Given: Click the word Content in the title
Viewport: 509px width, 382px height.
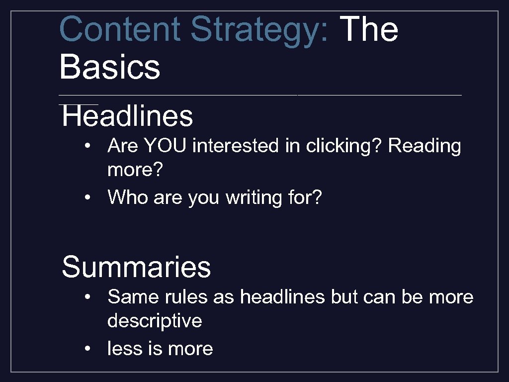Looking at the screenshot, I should point(119,29).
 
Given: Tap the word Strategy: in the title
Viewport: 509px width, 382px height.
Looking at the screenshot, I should point(259,30).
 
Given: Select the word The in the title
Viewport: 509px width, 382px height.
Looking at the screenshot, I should point(371,29).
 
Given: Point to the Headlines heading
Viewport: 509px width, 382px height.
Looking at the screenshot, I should point(127,116).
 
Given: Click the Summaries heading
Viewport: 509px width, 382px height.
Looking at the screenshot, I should point(136,267).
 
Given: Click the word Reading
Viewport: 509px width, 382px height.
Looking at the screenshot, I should point(424,146).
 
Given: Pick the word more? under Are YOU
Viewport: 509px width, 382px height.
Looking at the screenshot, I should point(136,171).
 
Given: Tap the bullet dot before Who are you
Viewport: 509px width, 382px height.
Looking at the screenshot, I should point(87,198).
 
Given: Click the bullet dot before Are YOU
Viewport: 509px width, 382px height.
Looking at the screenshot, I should point(87,147).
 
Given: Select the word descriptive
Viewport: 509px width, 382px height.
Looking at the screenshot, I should point(155,321).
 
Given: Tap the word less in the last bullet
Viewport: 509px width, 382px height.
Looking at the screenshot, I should point(124,349).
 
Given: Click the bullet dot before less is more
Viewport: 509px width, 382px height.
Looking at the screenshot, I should point(87,349).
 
